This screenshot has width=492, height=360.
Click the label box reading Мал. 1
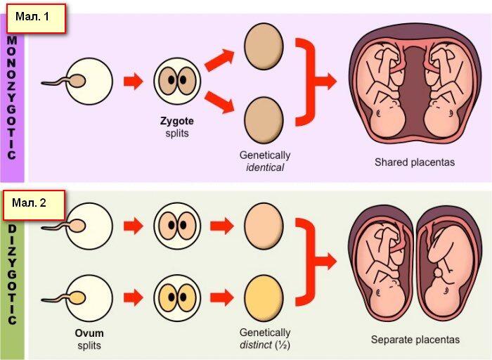[x=36, y=18]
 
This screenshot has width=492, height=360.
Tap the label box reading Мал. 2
[x=34, y=205]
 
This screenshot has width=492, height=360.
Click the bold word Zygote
[x=177, y=121]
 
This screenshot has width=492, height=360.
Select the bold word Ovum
[x=89, y=333]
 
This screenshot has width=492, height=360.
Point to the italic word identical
[x=265, y=167]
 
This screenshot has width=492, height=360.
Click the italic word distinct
[x=256, y=345]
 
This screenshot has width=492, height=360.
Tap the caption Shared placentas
[x=415, y=162]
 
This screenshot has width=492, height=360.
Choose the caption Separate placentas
[x=415, y=340]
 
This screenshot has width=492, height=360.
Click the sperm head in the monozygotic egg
[x=77, y=81]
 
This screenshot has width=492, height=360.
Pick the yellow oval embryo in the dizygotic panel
[x=264, y=298]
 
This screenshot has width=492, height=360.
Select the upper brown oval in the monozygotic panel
[x=264, y=46]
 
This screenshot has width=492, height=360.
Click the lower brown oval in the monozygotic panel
[x=264, y=120]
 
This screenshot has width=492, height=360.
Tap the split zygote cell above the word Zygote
[x=177, y=81]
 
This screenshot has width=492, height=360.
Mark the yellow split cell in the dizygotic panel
[x=177, y=298]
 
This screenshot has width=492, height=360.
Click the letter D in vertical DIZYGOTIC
[x=12, y=229]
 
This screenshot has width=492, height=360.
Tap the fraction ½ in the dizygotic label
[x=283, y=345]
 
